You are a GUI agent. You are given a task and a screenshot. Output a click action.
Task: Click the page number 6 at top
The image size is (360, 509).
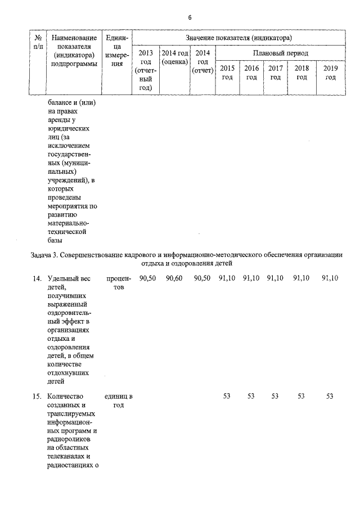[190, 17]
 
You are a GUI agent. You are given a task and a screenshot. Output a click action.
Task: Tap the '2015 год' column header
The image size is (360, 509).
[227, 73]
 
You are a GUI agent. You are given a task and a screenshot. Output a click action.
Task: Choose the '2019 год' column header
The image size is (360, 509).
[330, 73]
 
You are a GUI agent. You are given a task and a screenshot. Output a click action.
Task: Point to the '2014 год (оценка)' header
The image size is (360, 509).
[174, 57]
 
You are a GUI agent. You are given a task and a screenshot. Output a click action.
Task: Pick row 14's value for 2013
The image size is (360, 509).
[147, 278]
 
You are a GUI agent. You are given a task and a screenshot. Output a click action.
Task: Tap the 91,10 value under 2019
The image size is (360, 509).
[330, 278]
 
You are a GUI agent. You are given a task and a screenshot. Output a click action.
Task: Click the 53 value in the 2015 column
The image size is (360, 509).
[227, 397]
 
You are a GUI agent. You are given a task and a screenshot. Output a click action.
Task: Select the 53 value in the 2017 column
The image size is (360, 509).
[275, 397]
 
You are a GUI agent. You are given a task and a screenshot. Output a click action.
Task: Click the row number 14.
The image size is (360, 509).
[37, 278]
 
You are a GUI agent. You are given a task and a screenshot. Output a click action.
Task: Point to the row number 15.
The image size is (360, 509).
[37, 397]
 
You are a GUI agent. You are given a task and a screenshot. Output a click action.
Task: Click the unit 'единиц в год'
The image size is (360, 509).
[118, 401]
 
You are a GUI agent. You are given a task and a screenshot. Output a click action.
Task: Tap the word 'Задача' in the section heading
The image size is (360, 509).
[41, 255]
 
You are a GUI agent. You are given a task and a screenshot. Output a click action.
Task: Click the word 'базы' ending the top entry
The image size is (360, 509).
[56, 240]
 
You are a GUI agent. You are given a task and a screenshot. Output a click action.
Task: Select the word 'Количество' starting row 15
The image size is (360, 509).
[65, 397]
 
